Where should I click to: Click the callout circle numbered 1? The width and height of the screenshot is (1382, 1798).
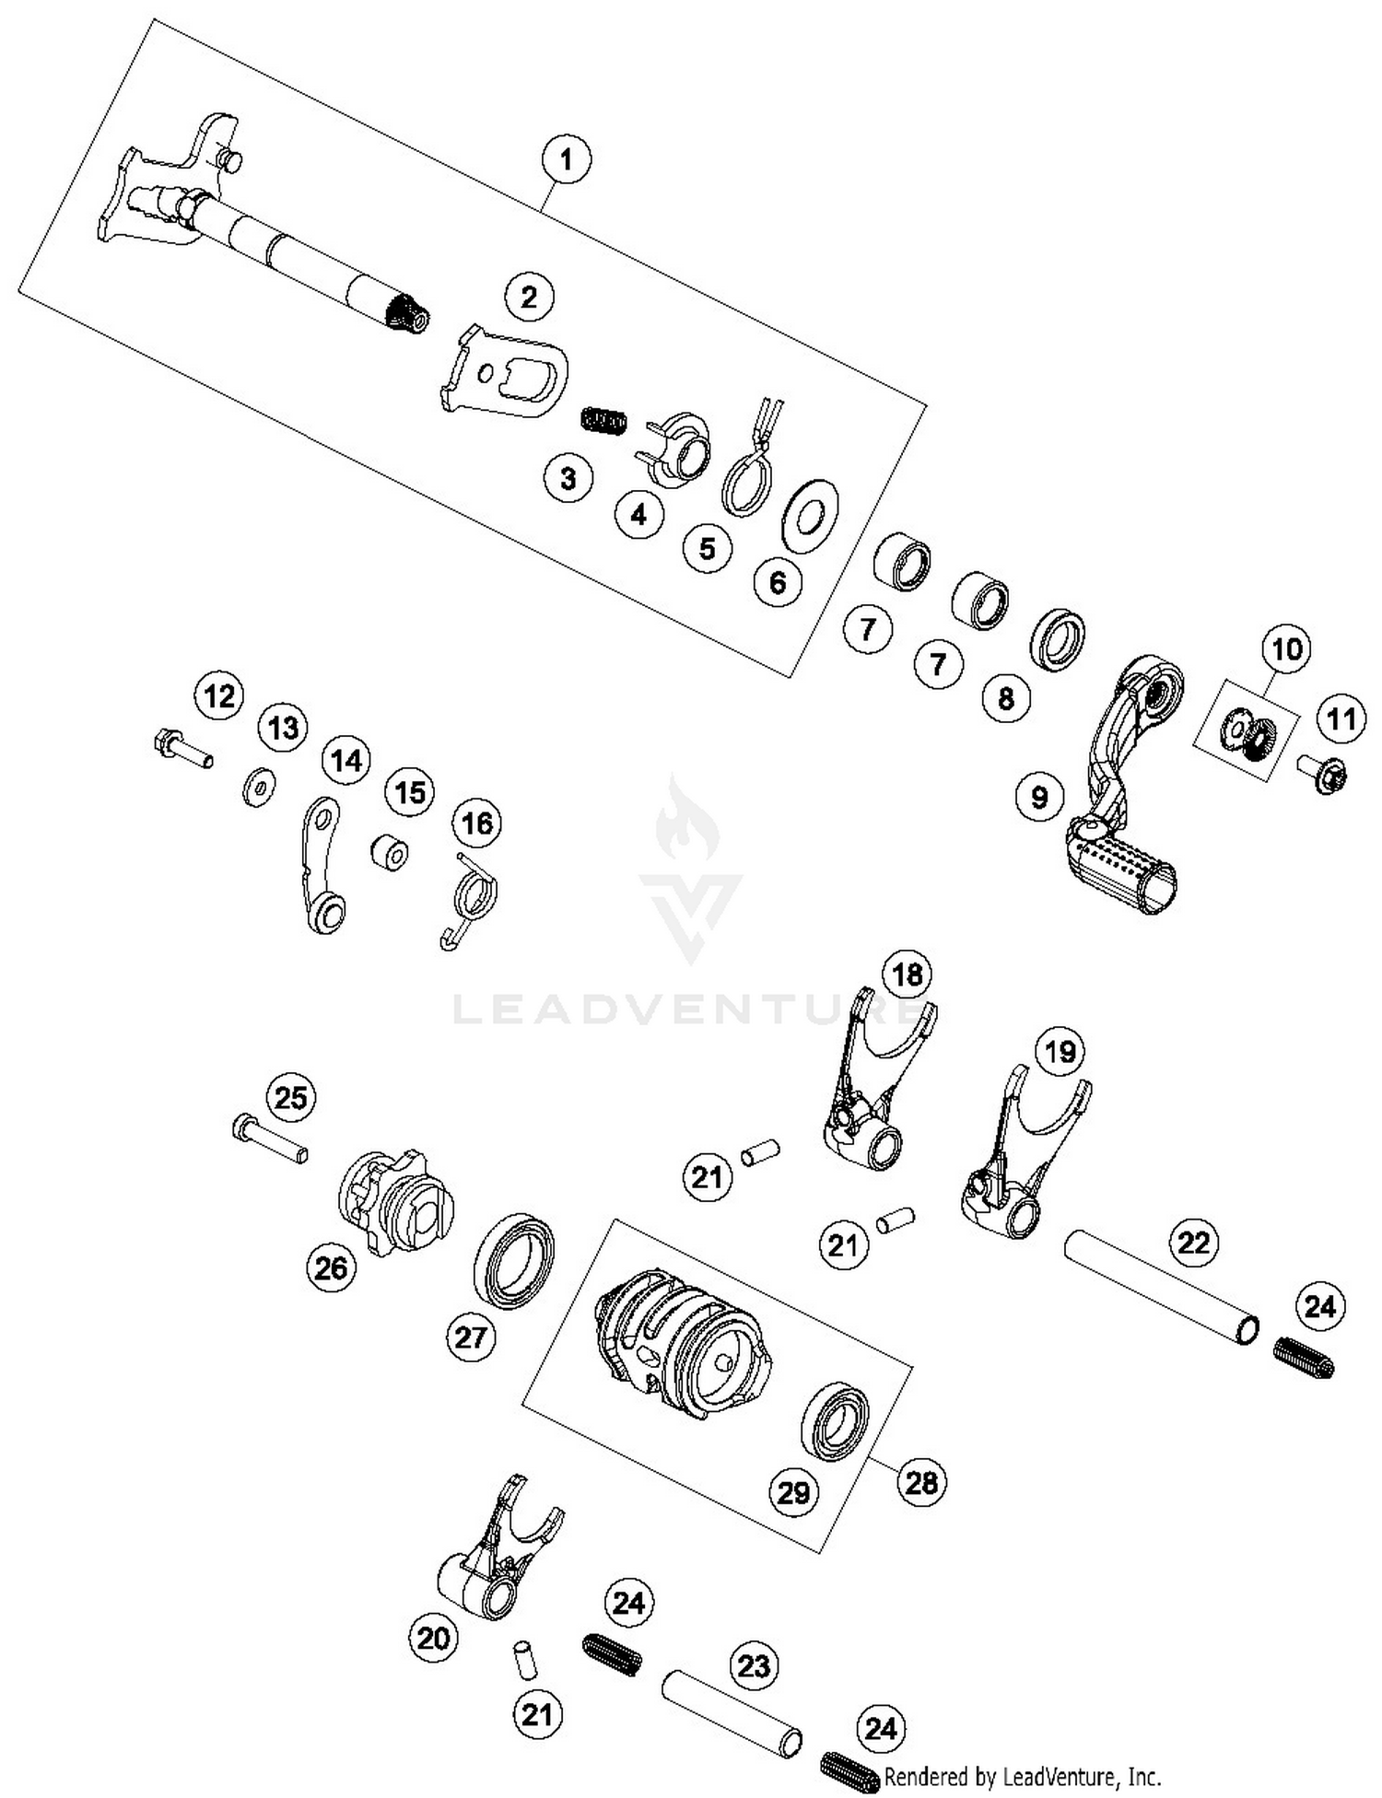[566, 159]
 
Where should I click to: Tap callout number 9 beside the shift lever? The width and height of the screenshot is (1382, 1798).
[1039, 796]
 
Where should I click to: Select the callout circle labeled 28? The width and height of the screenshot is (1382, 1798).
[921, 1482]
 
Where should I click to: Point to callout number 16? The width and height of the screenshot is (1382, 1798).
[477, 823]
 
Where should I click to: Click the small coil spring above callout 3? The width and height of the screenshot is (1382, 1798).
[604, 421]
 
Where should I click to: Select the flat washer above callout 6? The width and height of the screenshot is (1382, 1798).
[810, 515]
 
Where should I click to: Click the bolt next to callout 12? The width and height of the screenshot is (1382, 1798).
[182, 746]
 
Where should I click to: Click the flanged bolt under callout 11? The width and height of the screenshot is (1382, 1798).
[1324, 775]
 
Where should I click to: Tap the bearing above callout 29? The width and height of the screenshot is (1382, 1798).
[837, 1419]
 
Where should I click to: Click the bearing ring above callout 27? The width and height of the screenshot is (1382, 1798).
[515, 1260]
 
